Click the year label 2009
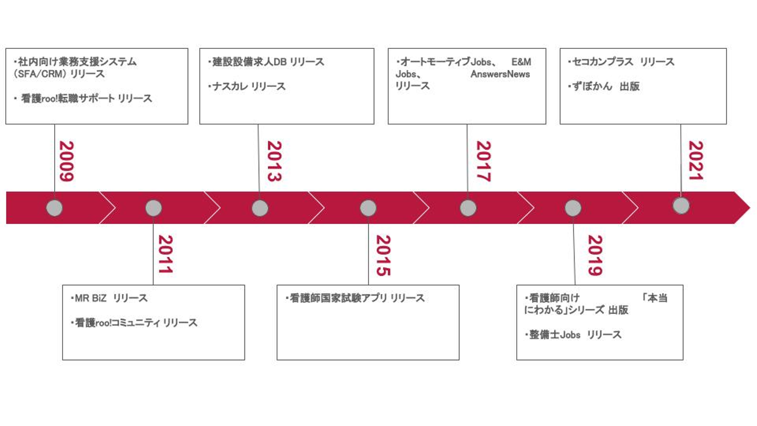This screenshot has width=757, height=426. click(66, 161)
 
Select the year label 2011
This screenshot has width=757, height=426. click(165, 255)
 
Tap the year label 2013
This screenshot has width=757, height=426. click(274, 161)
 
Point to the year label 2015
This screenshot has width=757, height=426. click(383, 255)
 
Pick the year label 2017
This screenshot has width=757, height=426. click(483, 161)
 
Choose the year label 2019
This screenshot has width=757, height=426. click(594, 255)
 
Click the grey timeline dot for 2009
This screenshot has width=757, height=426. click(54, 208)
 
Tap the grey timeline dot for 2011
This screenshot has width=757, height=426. click(154, 208)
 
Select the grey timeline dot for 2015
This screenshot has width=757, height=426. click(368, 208)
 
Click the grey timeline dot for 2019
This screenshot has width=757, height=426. click(573, 208)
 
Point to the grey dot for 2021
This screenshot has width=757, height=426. click(681, 205)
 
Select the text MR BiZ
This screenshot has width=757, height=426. click(90, 298)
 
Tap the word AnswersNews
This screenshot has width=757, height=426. click(500, 74)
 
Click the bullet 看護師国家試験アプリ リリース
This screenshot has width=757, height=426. click(357, 298)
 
